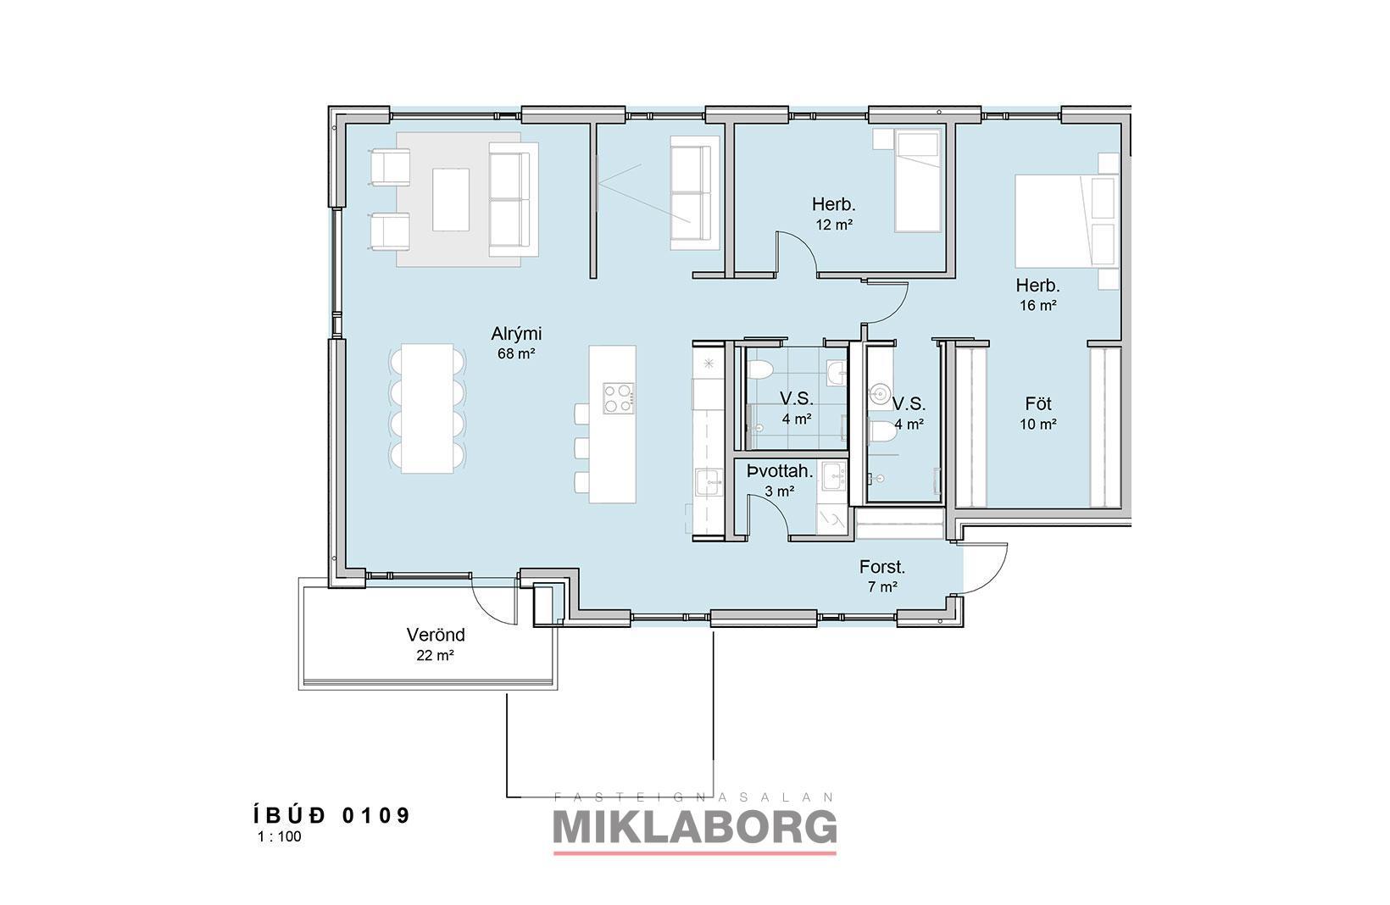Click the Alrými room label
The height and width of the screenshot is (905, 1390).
click(516, 334)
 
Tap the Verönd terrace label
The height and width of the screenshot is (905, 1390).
click(436, 635)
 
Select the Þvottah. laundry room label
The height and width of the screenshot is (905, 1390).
click(780, 471)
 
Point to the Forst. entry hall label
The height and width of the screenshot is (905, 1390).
click(881, 567)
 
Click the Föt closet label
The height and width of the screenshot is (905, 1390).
click(1038, 404)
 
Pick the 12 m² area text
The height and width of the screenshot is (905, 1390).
click(834, 225)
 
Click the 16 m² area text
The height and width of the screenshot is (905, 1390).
click(1038, 305)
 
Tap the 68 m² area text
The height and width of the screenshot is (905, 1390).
click(516, 353)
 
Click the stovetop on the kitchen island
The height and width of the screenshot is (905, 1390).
click(619, 398)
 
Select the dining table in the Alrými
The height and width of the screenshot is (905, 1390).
click(427, 408)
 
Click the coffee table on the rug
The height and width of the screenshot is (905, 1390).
click(451, 199)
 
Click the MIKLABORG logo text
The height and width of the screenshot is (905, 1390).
click(695, 826)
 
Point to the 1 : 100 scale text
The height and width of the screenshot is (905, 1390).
click(279, 836)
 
